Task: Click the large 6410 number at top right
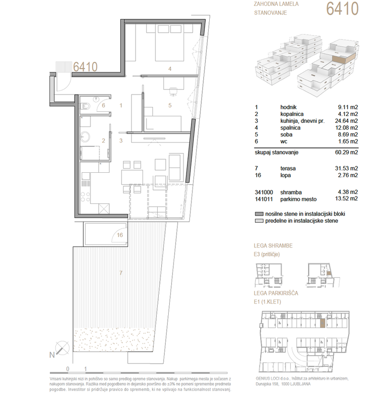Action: (342, 8)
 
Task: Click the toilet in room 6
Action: (85, 107)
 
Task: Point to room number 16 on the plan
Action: (120, 235)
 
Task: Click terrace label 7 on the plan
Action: (121, 273)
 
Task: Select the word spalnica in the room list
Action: (290, 128)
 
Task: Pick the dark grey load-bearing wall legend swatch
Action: (259, 214)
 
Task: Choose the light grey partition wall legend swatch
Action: (259, 221)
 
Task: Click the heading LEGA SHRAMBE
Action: (273, 246)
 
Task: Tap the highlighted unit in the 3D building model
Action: (344, 58)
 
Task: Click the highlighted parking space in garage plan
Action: (322, 324)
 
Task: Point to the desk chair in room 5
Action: (173, 92)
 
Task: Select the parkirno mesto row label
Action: (298, 199)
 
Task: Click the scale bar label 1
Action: (85, 369)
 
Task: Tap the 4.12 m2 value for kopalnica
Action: (348, 114)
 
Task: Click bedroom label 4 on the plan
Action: (170, 69)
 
